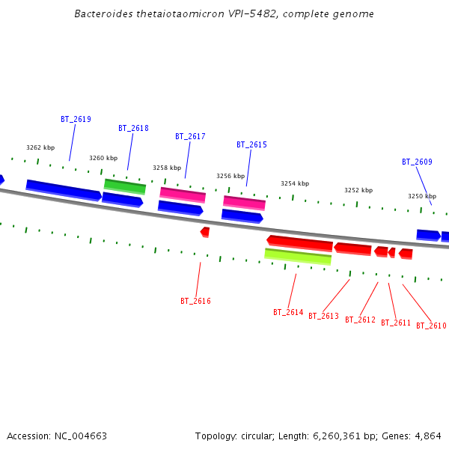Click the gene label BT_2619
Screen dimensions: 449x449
click(x=76, y=119)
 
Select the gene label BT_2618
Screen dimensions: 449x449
click(x=133, y=128)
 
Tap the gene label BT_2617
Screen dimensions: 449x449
click(x=190, y=136)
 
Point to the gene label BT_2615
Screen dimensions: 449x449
click(x=251, y=144)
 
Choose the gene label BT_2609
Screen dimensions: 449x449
click(x=417, y=162)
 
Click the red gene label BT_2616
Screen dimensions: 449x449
click(x=195, y=301)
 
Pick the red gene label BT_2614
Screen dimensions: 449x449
click(x=288, y=312)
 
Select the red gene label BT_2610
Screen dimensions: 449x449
click(x=431, y=326)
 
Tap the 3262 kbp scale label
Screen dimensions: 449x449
click(x=40, y=147)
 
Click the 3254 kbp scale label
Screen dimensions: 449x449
click(x=295, y=183)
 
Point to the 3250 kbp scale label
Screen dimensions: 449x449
click(x=422, y=196)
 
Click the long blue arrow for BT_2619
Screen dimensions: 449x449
click(x=64, y=190)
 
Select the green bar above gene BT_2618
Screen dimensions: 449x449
click(x=124, y=186)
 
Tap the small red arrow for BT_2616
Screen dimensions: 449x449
click(x=205, y=232)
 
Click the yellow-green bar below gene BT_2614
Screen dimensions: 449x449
click(x=297, y=257)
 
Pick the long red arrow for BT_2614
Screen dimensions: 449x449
click(x=299, y=243)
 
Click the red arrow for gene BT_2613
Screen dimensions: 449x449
click(x=352, y=248)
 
